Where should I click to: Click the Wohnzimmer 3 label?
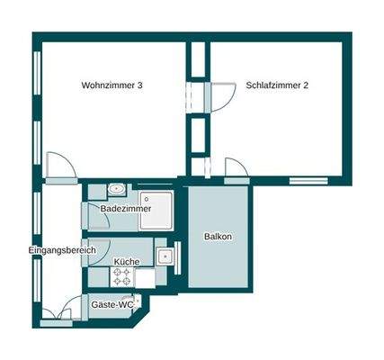(112, 86)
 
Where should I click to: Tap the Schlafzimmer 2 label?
(277, 86)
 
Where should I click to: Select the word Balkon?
(218, 237)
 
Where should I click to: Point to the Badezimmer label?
(126, 208)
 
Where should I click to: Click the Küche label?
(126, 262)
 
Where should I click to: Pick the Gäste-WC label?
(112, 305)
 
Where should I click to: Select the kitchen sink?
(165, 257)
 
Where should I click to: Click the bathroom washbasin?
(117, 190)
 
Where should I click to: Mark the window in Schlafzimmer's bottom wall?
(308, 180)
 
